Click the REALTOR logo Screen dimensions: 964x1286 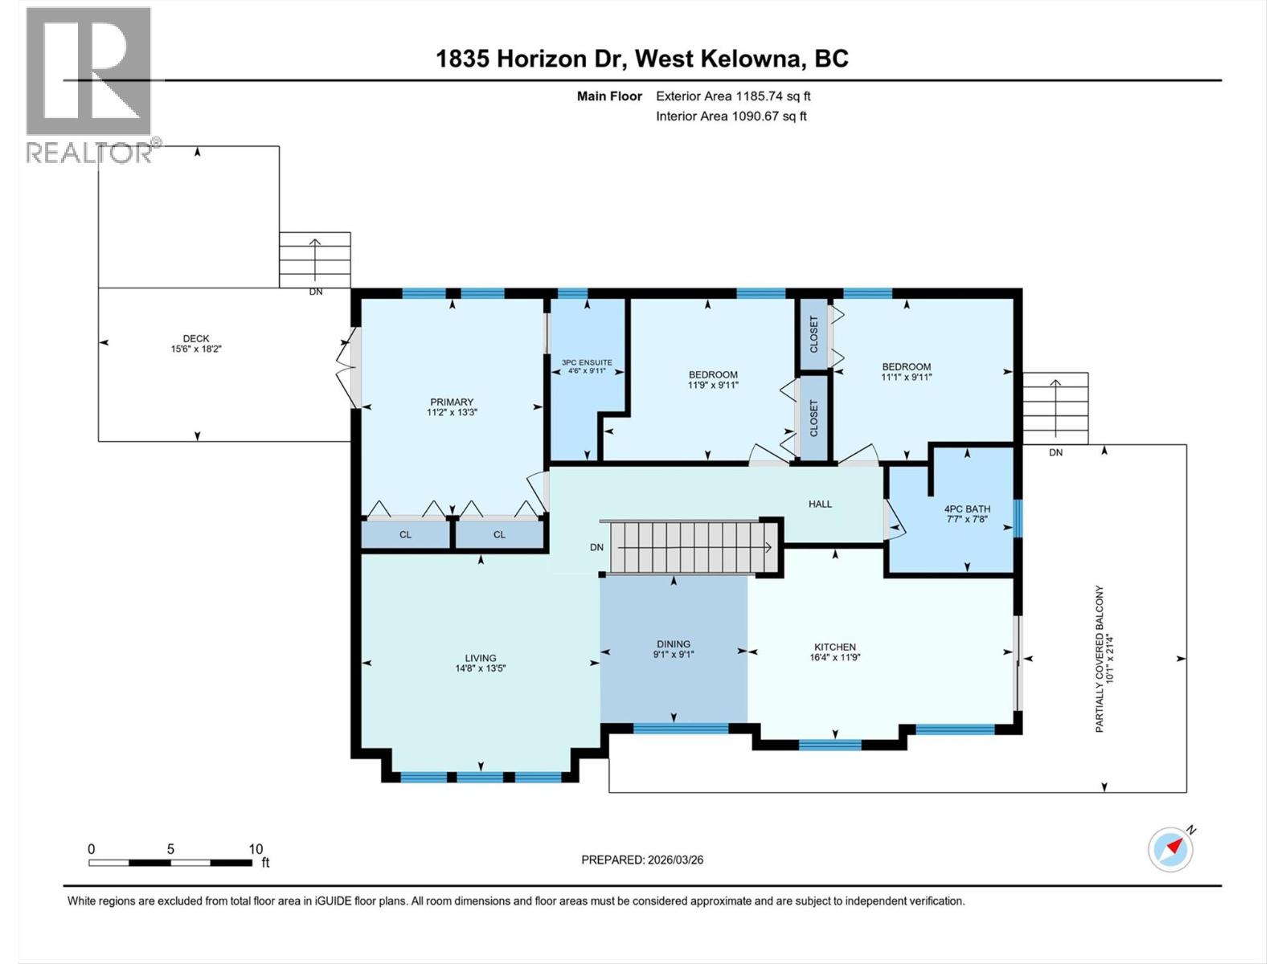click(88, 84)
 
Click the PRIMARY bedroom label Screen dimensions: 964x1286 click(451, 402)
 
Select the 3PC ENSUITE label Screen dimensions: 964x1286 click(587, 362)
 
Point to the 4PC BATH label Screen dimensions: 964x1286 click(967, 509)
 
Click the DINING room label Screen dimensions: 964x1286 click(673, 643)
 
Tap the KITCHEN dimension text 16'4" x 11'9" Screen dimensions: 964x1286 click(835, 657)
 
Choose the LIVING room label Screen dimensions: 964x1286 click(480, 658)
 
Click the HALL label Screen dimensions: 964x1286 click(820, 504)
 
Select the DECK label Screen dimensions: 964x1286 click(196, 338)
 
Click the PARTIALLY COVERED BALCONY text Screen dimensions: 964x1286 click(1100, 659)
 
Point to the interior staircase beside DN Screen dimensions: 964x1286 click(690, 547)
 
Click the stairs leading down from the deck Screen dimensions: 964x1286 click(314, 259)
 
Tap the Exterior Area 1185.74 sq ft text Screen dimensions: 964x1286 click(733, 96)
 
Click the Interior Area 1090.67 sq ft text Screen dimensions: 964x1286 click(731, 116)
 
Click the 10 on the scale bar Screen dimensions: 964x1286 click(256, 849)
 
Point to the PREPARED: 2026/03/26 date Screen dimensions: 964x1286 click(642, 860)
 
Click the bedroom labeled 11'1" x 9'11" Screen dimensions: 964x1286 click(906, 371)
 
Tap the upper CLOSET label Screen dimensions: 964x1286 click(814, 334)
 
